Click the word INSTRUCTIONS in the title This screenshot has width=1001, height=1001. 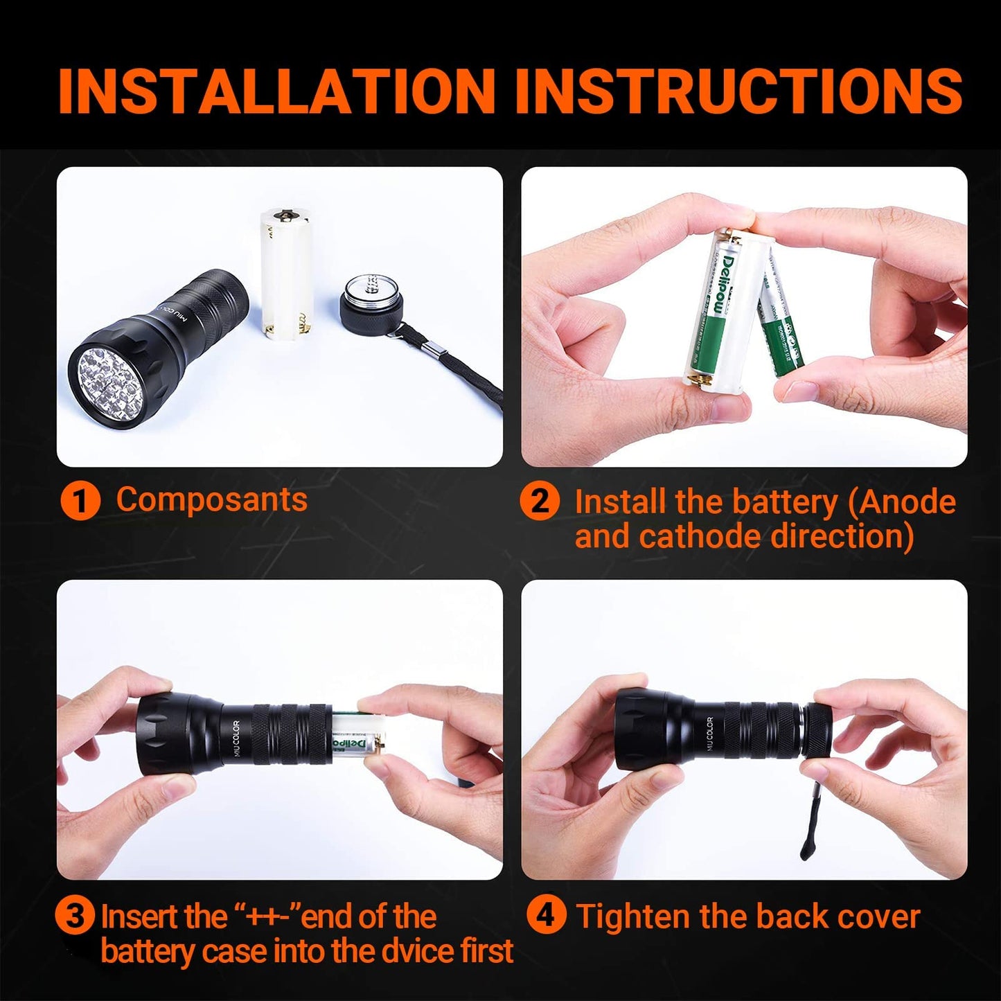(x=738, y=90)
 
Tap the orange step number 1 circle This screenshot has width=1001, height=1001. (x=80, y=502)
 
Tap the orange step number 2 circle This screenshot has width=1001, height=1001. (x=540, y=502)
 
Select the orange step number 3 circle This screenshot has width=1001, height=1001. (x=76, y=916)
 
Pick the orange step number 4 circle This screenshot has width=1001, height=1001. (x=546, y=916)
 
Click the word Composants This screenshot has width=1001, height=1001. (x=212, y=500)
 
